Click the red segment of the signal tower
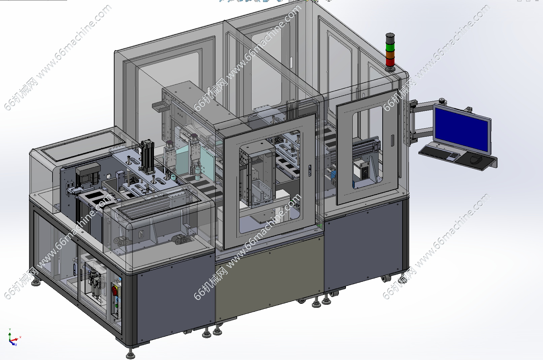click(x=390, y=62)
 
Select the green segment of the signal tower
click(x=390, y=47)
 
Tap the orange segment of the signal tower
click(x=390, y=55)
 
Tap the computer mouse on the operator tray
click(x=476, y=160)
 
